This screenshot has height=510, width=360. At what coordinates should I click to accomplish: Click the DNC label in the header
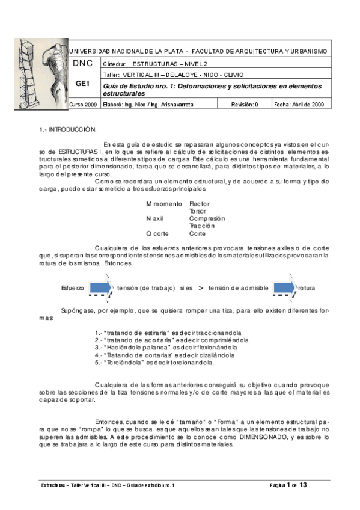click(x=82, y=63)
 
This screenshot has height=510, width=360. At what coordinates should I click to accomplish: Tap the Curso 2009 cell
click(x=84, y=105)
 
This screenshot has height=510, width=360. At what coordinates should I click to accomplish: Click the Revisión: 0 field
click(x=243, y=105)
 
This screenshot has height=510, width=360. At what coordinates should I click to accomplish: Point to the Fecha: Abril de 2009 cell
click(x=299, y=105)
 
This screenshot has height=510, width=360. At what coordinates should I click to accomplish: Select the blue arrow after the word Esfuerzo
click(x=102, y=287)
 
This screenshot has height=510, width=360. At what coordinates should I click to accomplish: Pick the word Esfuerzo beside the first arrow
click(x=72, y=289)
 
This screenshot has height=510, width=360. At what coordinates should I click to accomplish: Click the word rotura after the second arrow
click(x=307, y=289)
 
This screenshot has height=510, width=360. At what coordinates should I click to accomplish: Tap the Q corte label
click(x=157, y=233)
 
